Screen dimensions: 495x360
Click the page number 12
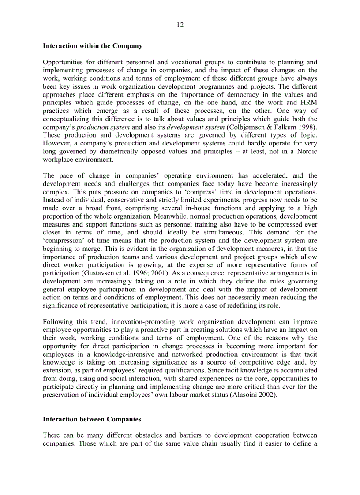pos(180,25)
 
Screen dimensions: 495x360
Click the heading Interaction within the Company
pos(92,46)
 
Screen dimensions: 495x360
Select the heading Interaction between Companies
pos(92,419)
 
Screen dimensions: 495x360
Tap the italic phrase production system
pos(103,127)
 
